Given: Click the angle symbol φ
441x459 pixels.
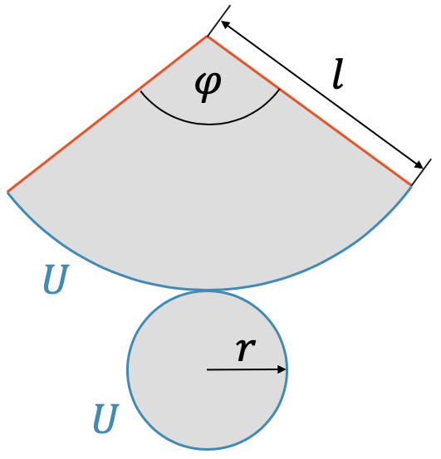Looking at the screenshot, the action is pyautogui.click(x=208, y=87).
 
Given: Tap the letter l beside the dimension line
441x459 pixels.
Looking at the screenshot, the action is pyautogui.click(x=338, y=74).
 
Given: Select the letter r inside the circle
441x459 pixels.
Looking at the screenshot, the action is pyautogui.click(x=245, y=350).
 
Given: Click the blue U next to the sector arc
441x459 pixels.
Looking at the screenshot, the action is pyautogui.click(x=56, y=279).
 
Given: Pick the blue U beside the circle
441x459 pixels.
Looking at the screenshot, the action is pyautogui.click(x=105, y=418).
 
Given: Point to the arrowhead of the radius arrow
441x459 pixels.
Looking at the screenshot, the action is pyautogui.click(x=282, y=369).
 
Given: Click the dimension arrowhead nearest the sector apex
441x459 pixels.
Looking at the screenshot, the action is pyautogui.click(x=225, y=25).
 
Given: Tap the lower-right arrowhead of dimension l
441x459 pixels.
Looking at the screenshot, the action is pyautogui.click(x=418, y=165).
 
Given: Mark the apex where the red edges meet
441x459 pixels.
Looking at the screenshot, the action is pyautogui.click(x=207, y=37).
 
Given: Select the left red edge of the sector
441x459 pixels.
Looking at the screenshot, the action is pyautogui.click(x=107, y=115).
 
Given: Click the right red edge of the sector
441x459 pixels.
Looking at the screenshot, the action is pyautogui.click(x=310, y=111).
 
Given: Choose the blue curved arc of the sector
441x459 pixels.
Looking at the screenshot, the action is pyautogui.click(x=207, y=290).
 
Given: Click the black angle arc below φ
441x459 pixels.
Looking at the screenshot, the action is pyautogui.click(x=208, y=125).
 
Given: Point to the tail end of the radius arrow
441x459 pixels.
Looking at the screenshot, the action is pyautogui.click(x=208, y=369).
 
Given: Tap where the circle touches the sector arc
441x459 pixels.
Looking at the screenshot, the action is pyautogui.click(x=207, y=291).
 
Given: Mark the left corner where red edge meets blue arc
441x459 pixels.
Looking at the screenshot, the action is pyautogui.click(x=7, y=192).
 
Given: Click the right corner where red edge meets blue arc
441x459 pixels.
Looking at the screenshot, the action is pyautogui.click(x=412, y=186).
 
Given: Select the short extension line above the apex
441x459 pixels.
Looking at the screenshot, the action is pyautogui.click(x=218, y=21).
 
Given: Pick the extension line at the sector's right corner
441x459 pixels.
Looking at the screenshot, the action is pyautogui.click(x=421, y=173).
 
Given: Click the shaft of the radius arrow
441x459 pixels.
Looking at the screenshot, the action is pyautogui.click(x=243, y=369).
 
